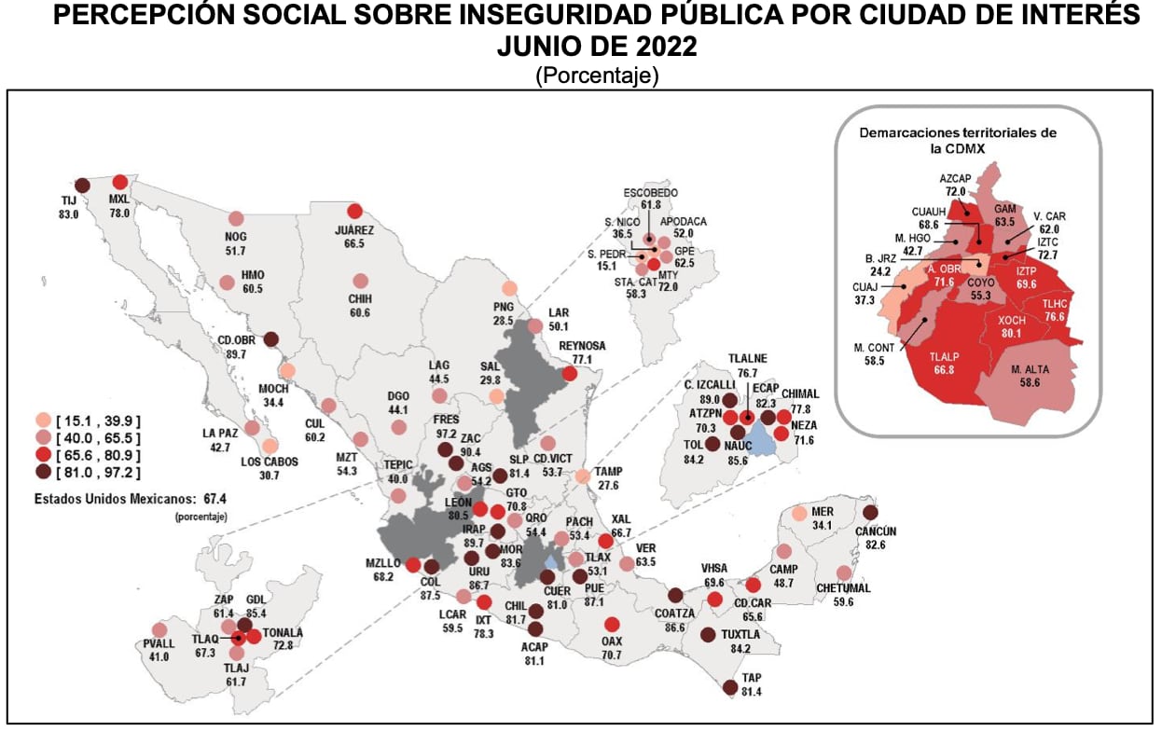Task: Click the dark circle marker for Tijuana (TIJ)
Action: tap(81, 185)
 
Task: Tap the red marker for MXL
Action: tap(119, 183)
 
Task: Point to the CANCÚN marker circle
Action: tap(870, 512)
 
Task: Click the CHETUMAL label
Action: tap(843, 588)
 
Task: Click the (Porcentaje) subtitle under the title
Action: tap(597, 76)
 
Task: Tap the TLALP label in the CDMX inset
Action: tap(948, 355)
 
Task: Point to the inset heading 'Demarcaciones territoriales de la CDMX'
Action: tap(958, 140)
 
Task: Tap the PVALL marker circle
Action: tap(159, 629)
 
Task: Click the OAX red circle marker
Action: tap(612, 625)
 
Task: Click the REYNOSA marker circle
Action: tap(570, 374)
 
